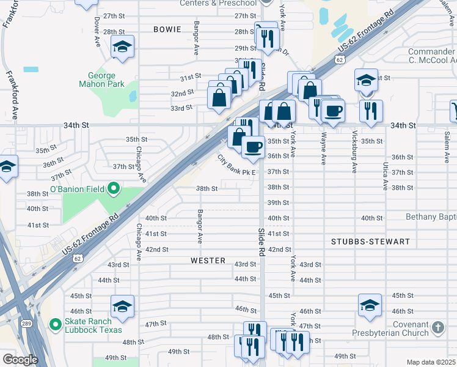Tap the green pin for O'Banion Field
coord(113,189)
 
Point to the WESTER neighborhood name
coord(208,260)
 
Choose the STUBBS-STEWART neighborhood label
coord(370,242)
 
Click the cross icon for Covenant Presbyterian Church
coord(437,327)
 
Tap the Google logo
coord(20,360)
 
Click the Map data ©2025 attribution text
coord(431,362)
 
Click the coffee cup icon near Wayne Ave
coord(334,111)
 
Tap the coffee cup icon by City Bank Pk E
coord(253,146)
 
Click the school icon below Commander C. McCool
coord(365,81)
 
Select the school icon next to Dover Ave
coord(123,46)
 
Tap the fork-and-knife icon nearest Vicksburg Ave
coord(370,111)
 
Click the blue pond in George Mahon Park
coord(133,96)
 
